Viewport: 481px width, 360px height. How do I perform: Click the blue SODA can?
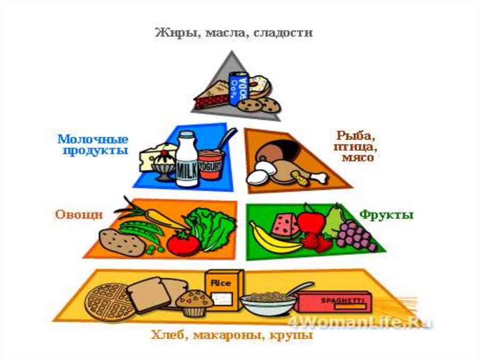pos(238,89)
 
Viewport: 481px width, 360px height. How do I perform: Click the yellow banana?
pos(272,239)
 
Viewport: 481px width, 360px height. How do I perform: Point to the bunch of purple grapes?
pos(356,235)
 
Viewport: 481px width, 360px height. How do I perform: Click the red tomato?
pos(183,244)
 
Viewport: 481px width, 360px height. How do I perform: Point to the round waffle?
pos(108,301)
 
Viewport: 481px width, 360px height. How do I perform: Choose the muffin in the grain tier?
pos(194,302)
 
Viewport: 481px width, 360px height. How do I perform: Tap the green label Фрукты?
pos(386,215)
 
